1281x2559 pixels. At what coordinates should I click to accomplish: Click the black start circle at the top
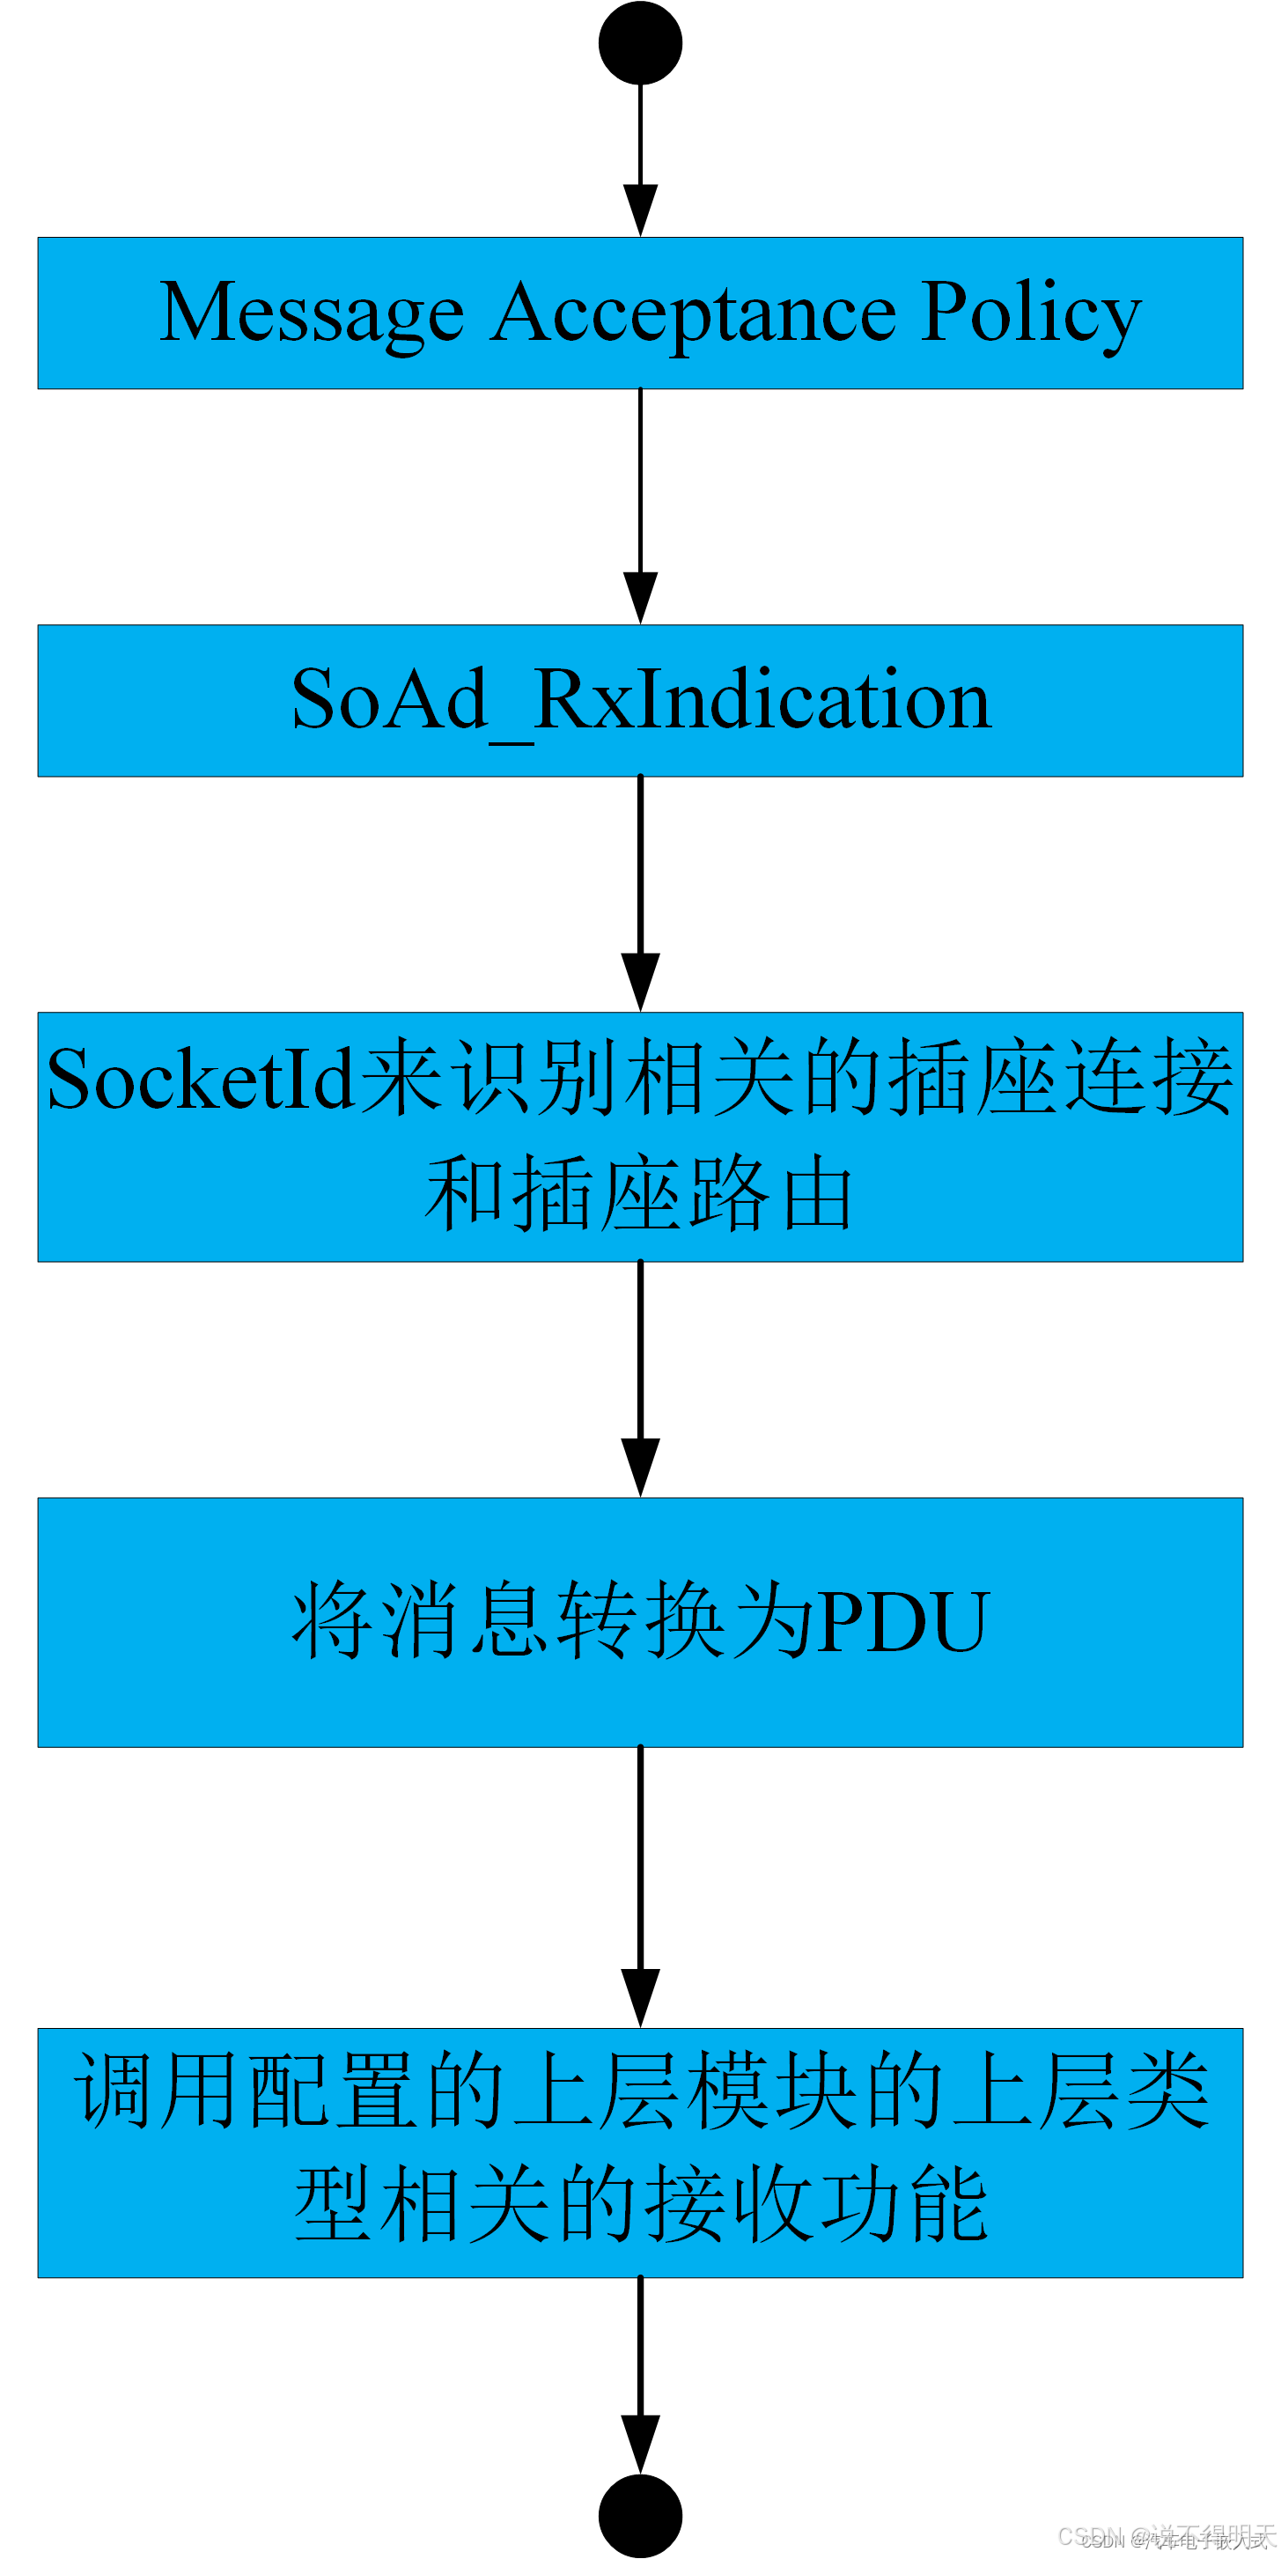pyautogui.click(x=641, y=43)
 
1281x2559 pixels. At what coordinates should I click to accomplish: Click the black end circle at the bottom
pyautogui.click(x=641, y=2515)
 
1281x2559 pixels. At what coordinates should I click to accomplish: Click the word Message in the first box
pyautogui.click(x=312, y=313)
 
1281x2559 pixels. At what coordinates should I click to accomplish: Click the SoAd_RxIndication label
pyautogui.click(x=641, y=700)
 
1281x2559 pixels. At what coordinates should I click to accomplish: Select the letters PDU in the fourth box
pyautogui.click(x=902, y=1622)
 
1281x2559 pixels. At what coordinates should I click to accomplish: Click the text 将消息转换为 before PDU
pyautogui.click(x=552, y=1622)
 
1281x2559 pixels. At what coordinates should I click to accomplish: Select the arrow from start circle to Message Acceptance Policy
pyautogui.click(x=641, y=159)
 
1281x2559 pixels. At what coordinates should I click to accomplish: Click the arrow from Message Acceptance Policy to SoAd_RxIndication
pyautogui.click(x=641, y=506)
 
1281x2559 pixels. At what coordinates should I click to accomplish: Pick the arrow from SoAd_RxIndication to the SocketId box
pyautogui.click(x=641, y=894)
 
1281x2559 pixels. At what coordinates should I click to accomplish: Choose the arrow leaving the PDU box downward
pyautogui.click(x=641, y=1887)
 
